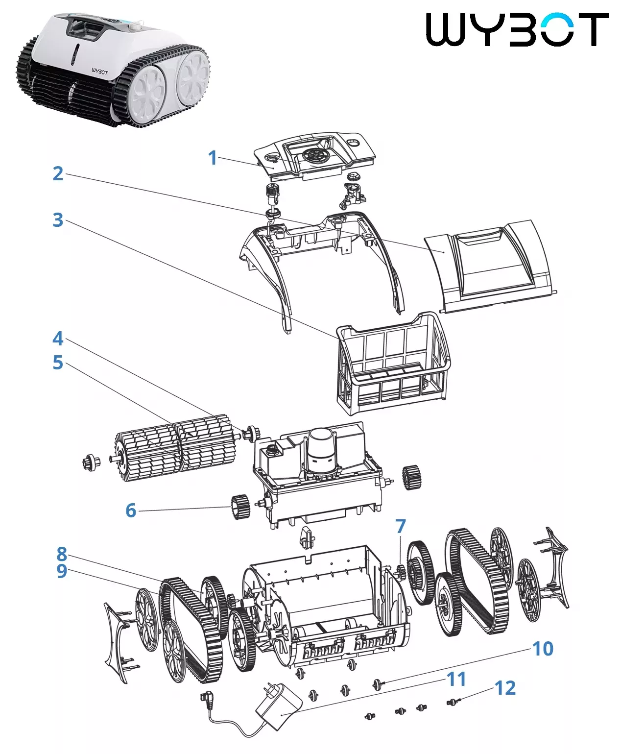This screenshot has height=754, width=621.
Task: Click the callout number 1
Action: click(x=212, y=158)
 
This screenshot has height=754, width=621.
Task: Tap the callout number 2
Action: click(x=58, y=173)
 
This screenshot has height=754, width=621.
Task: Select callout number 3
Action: click(x=58, y=220)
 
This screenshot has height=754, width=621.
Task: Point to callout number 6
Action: click(x=130, y=511)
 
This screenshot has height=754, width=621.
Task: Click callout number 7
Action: click(x=401, y=526)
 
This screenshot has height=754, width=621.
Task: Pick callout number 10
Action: click(x=543, y=649)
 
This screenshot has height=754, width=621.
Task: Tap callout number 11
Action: click(x=456, y=679)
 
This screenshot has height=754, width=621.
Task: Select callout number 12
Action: click(x=505, y=688)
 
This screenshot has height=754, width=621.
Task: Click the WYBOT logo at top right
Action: click(x=517, y=29)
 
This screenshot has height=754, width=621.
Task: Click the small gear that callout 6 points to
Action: click(x=240, y=507)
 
